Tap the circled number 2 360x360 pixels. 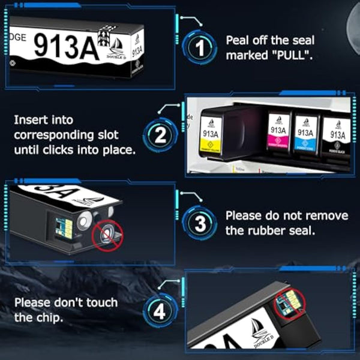[x=160, y=135]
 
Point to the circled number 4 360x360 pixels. [x=160, y=310]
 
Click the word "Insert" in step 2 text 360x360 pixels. [x=31, y=119]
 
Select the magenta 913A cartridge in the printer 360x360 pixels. [x=278, y=135]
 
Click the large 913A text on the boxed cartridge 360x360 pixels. [x=66, y=44]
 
